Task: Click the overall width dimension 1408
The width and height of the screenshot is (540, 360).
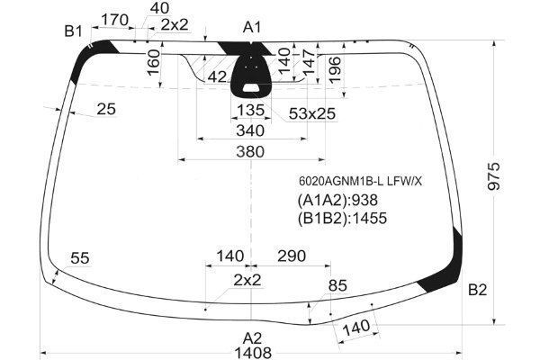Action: click(253, 353)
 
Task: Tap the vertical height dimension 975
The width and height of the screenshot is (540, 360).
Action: click(493, 176)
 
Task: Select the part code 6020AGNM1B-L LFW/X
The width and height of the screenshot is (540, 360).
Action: click(360, 181)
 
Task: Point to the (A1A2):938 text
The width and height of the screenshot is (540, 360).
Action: click(337, 200)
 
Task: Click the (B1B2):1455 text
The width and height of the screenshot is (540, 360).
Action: click(342, 218)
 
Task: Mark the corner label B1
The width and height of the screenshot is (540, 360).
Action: click(74, 31)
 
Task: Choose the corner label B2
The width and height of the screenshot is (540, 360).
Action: click(477, 290)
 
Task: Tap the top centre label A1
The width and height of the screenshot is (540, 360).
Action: click(252, 27)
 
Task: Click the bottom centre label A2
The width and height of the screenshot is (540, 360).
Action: click(252, 338)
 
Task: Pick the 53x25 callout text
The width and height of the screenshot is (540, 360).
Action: click(312, 113)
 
